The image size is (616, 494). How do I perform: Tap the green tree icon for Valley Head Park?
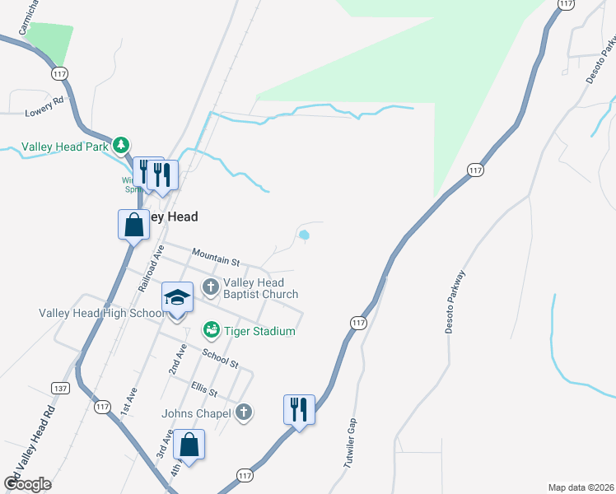click(x=121, y=146)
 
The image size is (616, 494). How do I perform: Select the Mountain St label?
click(x=215, y=257)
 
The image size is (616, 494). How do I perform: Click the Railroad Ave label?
click(x=152, y=268)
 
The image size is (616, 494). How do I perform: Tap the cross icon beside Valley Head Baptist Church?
click(x=211, y=287)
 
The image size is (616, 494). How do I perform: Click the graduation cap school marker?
click(x=177, y=298)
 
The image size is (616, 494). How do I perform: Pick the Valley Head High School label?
click(x=102, y=313)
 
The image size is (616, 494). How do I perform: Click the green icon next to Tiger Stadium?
click(x=211, y=330)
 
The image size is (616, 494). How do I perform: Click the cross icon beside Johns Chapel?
click(x=244, y=412)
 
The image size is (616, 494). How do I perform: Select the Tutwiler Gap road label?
click(x=352, y=443)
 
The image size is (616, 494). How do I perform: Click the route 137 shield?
click(x=59, y=388)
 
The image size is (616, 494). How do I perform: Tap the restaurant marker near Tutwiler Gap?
click(x=298, y=409)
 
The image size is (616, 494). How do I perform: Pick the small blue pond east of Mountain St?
click(x=304, y=235)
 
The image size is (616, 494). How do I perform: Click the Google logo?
click(x=27, y=484)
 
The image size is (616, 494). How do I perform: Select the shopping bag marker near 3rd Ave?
click(x=189, y=445)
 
